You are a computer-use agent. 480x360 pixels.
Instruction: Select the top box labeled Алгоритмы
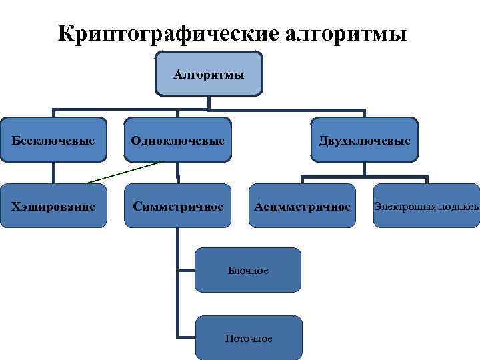[209, 73]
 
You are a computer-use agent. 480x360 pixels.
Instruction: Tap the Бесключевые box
[53, 140]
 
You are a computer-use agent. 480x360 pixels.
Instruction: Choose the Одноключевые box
[178, 140]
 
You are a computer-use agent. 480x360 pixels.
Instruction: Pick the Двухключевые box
[364, 140]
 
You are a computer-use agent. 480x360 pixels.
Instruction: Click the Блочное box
[248, 270]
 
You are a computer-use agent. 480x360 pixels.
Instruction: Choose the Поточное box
[248, 338]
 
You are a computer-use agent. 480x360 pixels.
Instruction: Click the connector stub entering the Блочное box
[186, 270]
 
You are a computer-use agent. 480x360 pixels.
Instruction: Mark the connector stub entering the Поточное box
[186, 336]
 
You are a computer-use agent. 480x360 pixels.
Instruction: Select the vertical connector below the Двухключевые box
[364, 169]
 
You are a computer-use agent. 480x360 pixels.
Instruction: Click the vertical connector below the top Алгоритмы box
[209, 102]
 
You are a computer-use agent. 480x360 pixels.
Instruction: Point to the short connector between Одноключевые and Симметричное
[178, 174]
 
